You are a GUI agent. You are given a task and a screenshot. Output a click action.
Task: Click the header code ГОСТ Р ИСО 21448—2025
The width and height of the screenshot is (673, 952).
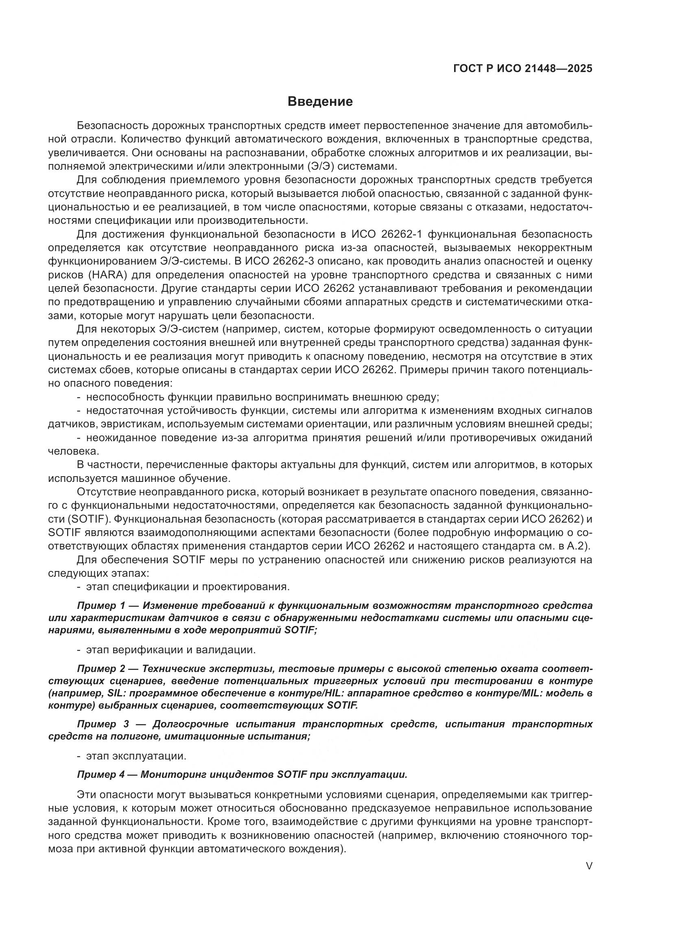click(523, 69)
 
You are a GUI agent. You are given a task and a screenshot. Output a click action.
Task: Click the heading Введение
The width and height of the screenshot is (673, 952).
click(320, 102)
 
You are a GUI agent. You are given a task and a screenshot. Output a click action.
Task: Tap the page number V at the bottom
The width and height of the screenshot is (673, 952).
click(589, 866)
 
